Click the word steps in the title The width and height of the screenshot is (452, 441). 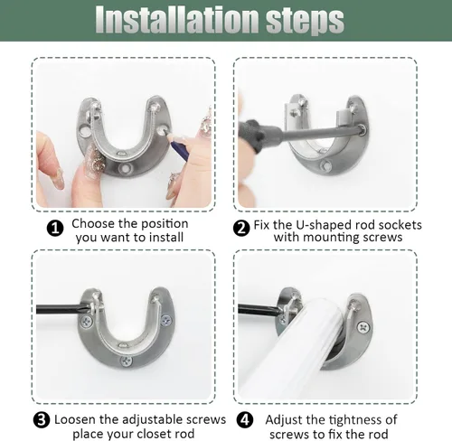coord(305,22)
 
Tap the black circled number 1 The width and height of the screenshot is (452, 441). coord(55,229)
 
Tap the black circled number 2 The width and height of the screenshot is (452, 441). coord(241,229)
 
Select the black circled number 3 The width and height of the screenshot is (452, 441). coord(42,419)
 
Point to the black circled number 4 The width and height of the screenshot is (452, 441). coord(245,419)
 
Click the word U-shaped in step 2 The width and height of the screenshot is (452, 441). coord(324,225)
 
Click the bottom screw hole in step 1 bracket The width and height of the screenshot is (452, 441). coord(124,168)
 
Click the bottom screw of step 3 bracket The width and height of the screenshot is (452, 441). coord(127,361)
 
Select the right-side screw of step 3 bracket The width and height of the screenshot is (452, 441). coord(166,320)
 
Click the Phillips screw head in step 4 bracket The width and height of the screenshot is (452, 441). coord(364,327)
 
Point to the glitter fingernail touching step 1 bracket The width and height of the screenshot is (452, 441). coord(95,157)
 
